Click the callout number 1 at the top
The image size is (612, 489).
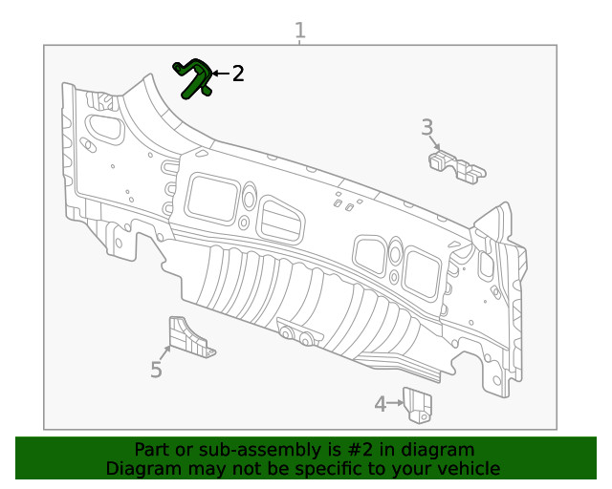(x=300, y=30)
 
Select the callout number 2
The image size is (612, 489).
(x=237, y=74)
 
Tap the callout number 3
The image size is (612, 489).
(x=427, y=127)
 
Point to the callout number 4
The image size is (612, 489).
(x=380, y=404)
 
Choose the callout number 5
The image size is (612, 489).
(x=156, y=370)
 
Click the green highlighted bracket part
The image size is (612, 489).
(x=195, y=77)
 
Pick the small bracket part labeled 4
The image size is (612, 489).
(x=417, y=404)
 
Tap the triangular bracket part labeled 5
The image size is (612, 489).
(x=188, y=338)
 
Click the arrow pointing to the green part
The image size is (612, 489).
(x=219, y=74)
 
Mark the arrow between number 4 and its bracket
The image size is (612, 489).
(x=395, y=404)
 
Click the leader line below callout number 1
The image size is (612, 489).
(x=300, y=43)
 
